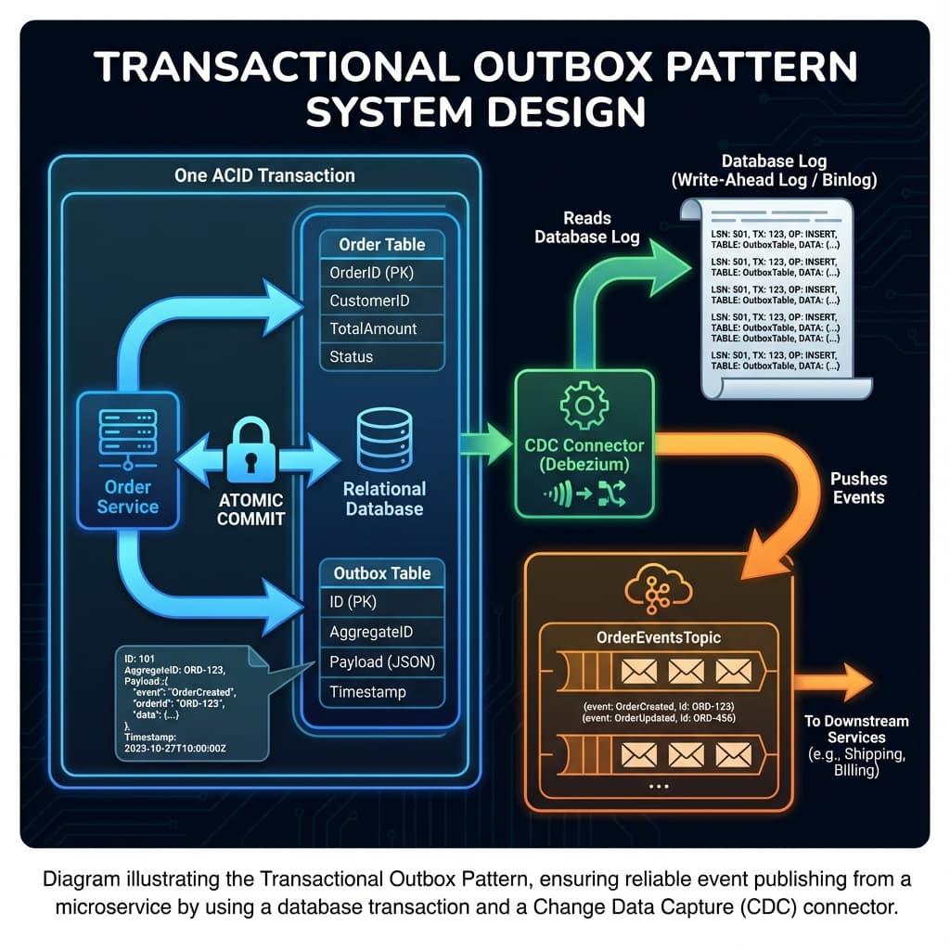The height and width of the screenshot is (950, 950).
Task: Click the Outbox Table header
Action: tap(381, 573)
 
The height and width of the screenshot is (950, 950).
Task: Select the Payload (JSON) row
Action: tap(381, 661)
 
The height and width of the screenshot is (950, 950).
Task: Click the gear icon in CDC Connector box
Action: tap(584, 405)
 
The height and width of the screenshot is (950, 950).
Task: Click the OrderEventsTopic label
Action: tap(658, 637)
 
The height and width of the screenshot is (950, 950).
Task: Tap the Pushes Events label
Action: tap(858, 488)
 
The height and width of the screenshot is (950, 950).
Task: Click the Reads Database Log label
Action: tap(586, 227)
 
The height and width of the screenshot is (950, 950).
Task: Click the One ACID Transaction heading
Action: tap(264, 174)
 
